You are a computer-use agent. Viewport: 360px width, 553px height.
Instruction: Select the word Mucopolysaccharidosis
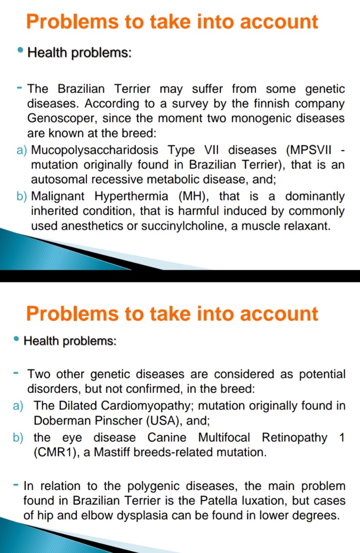click(94, 150)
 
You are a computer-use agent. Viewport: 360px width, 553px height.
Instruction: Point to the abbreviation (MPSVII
click(309, 150)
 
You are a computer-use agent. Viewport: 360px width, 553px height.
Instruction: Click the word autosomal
click(59, 179)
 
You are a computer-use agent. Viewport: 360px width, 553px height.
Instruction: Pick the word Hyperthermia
click(131, 197)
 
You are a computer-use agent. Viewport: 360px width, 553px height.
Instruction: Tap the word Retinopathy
click(295, 438)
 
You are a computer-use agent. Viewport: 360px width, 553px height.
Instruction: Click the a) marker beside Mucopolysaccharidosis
click(22, 150)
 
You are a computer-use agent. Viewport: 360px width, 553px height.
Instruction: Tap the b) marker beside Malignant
click(22, 197)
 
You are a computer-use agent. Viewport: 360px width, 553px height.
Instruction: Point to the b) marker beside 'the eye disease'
click(18, 438)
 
